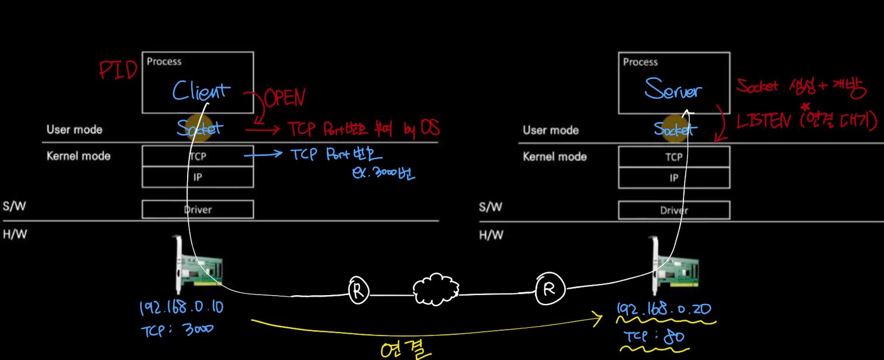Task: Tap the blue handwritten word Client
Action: point(201,92)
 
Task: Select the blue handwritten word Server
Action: point(673,91)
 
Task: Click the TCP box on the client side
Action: point(198,156)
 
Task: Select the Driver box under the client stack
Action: point(198,209)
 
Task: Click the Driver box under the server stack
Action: point(674,210)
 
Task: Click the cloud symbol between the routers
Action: point(436,288)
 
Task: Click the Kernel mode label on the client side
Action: point(78,156)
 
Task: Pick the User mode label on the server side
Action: point(550,130)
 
